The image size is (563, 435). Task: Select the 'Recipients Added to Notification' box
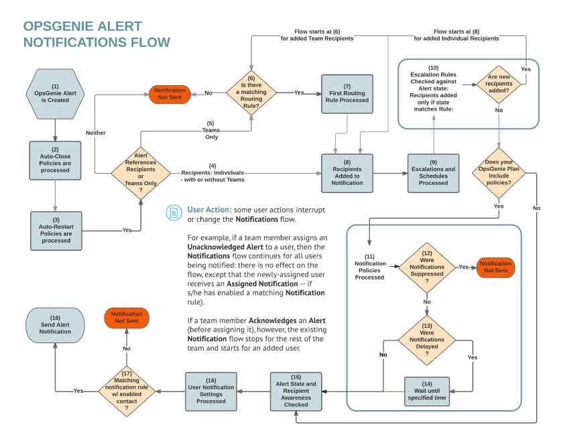(347, 174)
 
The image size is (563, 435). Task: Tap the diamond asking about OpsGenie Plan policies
(499, 174)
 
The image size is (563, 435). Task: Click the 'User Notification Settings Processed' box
(211, 390)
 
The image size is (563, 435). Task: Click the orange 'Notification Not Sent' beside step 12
(495, 267)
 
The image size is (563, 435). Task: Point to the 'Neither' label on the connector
(95, 133)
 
